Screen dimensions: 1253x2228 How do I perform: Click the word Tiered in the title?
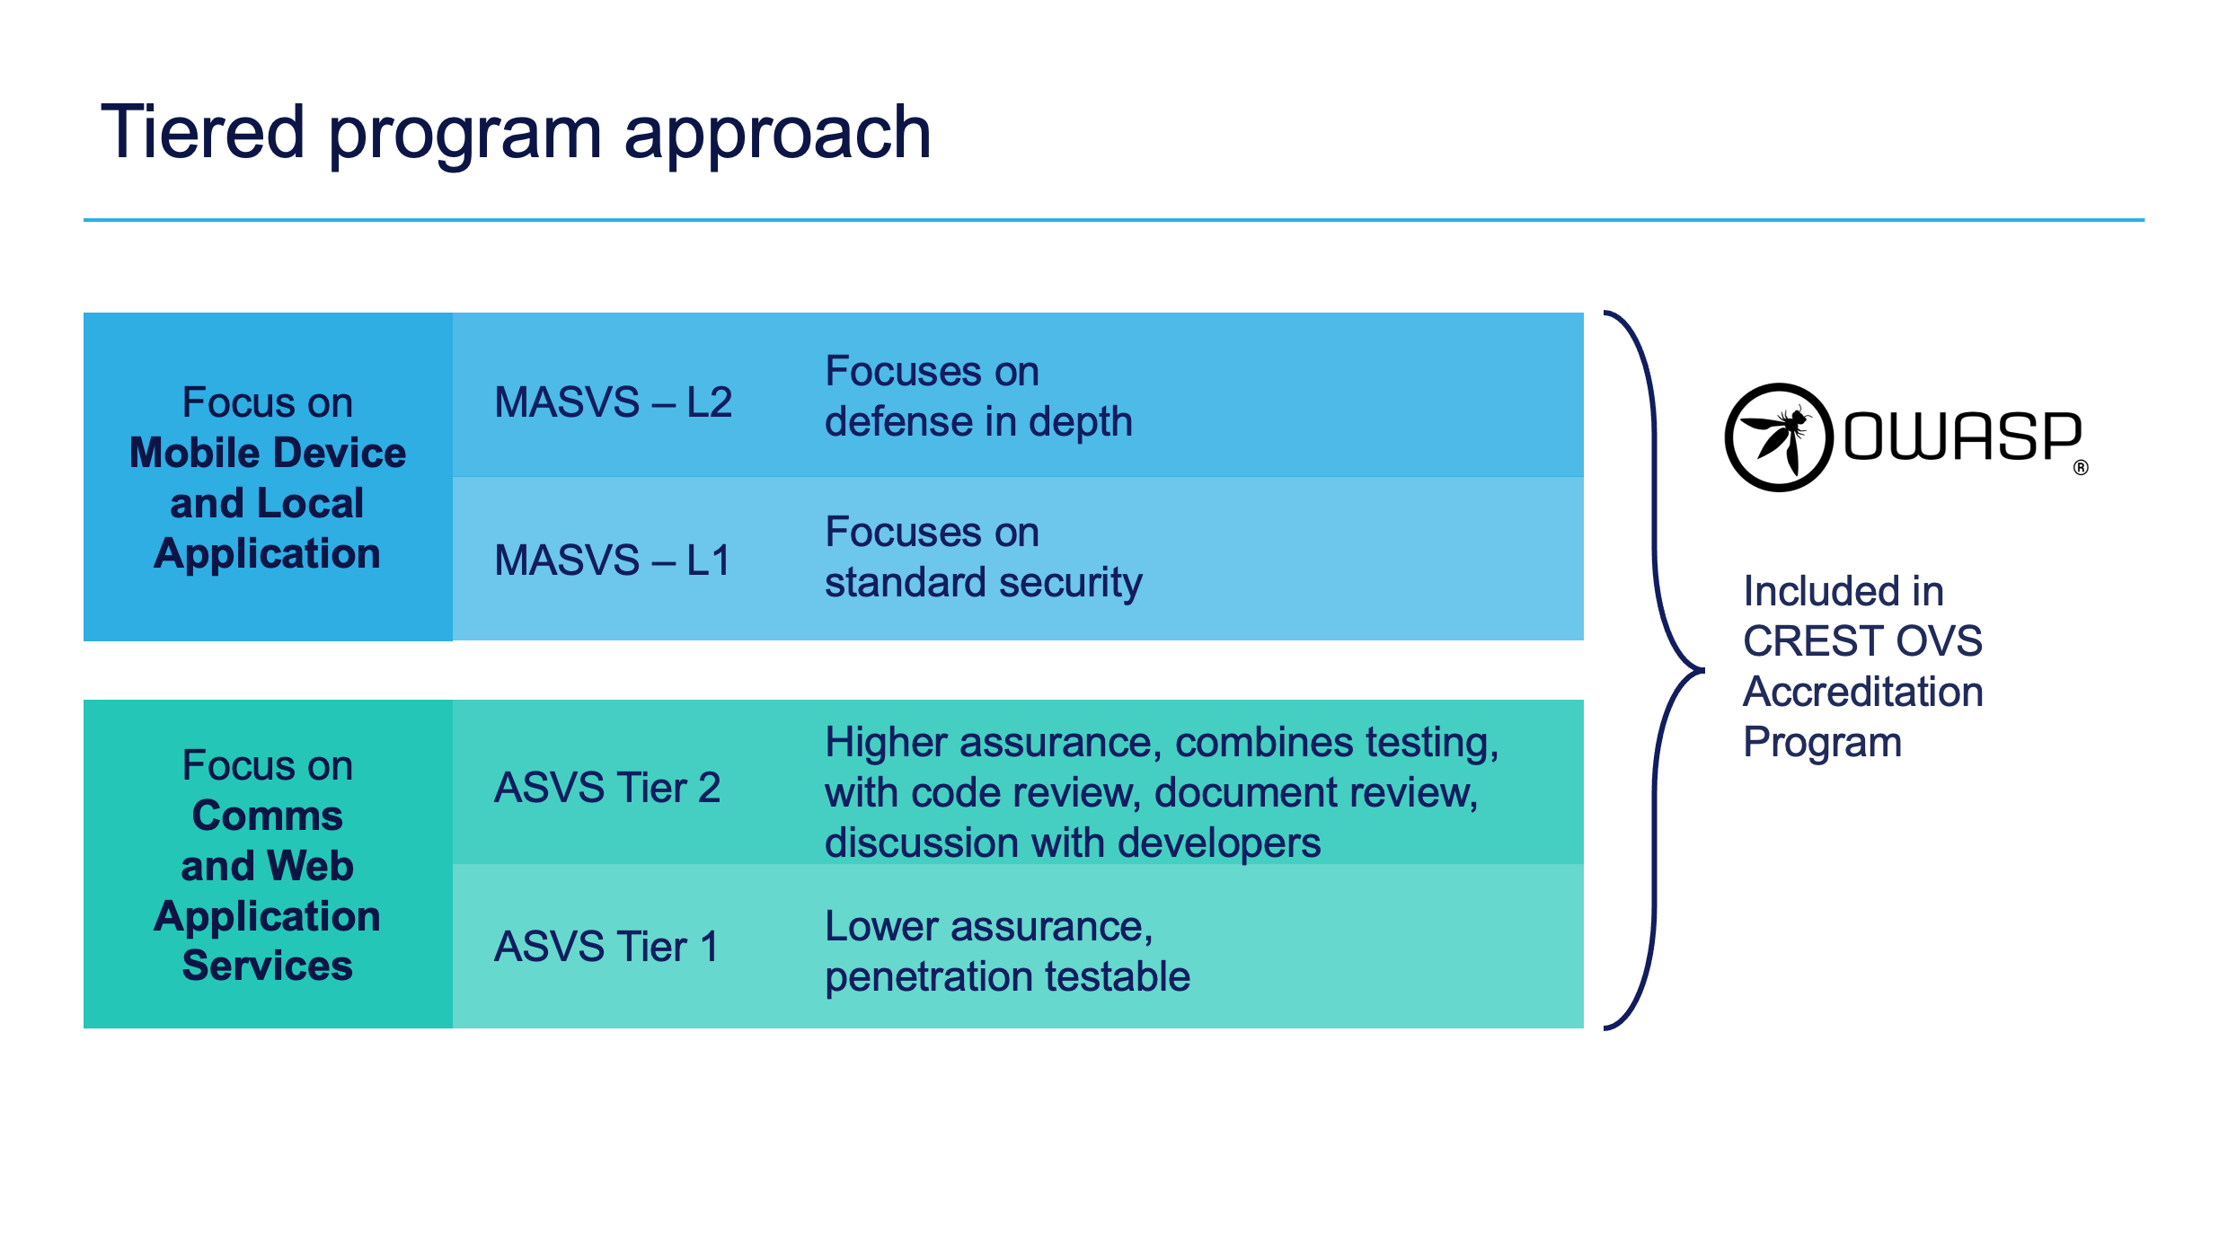[203, 133]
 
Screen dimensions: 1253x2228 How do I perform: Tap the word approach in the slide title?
[777, 135]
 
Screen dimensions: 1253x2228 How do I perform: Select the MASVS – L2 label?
[613, 401]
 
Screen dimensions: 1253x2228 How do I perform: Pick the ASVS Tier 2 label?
[607, 788]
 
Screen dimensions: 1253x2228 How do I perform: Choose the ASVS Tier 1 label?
[606, 947]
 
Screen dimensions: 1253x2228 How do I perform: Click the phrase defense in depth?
[978, 421]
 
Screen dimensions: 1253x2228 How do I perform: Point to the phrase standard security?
[983, 582]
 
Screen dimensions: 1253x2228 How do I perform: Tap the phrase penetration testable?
[1007, 976]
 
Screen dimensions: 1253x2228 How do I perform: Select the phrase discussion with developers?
[1073, 843]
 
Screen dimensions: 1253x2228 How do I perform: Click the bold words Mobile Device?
[268, 453]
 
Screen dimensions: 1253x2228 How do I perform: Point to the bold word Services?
[268, 966]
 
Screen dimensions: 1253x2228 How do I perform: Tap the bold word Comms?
[268, 816]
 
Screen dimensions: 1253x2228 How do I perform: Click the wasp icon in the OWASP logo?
[1778, 437]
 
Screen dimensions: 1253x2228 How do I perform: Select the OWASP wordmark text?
[1962, 437]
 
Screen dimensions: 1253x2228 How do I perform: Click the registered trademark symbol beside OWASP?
[2081, 467]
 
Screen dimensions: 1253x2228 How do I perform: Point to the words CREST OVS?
[1862, 641]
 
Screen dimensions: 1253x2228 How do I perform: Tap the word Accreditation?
[1862, 692]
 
